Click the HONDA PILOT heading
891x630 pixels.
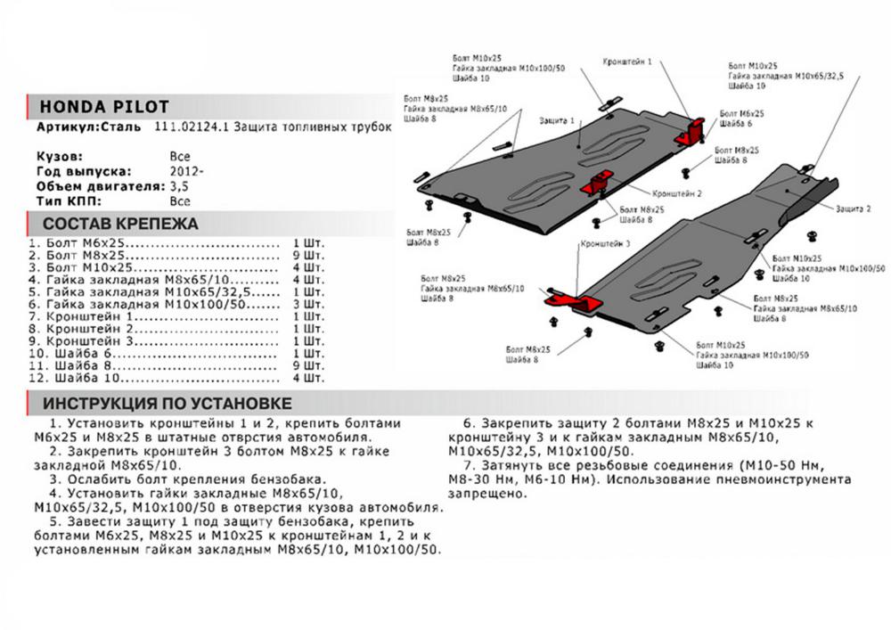(104, 107)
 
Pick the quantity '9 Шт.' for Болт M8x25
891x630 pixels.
(308, 254)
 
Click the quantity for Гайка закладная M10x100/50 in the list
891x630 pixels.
(308, 304)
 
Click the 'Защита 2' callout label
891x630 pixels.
(853, 208)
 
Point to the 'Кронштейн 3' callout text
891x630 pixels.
(605, 242)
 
